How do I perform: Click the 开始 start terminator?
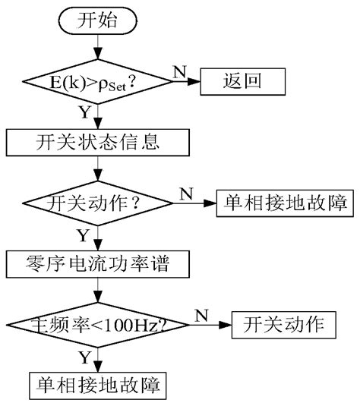coord(97,21)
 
